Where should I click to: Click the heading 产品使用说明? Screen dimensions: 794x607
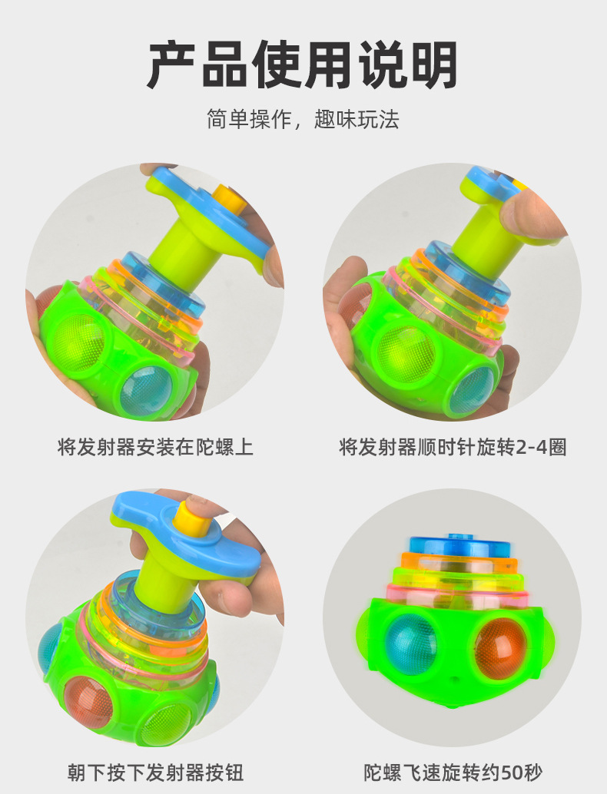tap(303, 65)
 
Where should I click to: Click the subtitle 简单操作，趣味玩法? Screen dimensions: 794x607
tap(303, 119)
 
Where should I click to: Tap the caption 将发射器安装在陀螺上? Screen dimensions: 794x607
tap(155, 447)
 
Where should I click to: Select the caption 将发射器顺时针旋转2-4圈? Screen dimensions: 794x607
tap(453, 447)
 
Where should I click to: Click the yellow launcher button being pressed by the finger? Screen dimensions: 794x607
tap(187, 517)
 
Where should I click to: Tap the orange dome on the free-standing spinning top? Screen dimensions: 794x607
tap(498, 647)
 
